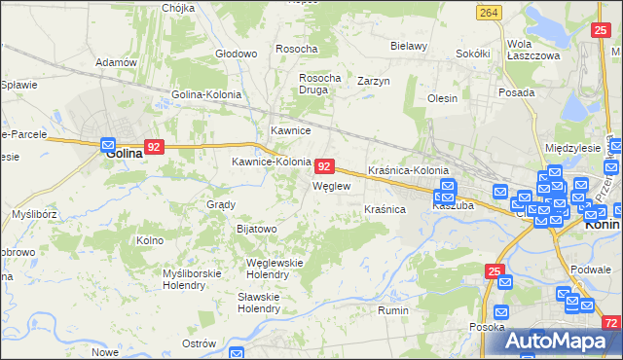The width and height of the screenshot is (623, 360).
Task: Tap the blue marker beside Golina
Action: [108, 145]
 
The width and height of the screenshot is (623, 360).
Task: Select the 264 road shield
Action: [490, 12]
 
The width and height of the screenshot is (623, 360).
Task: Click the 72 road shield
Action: [611, 323]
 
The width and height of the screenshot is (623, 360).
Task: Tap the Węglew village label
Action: [330, 185]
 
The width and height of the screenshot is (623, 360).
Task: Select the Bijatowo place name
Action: [257, 229]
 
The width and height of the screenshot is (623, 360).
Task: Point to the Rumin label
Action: [392, 310]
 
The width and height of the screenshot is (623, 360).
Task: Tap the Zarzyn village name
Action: [374, 81]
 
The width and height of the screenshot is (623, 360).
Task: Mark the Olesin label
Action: [442, 98]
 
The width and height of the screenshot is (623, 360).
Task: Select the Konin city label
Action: [603, 222]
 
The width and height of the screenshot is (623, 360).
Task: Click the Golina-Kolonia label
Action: [206, 94]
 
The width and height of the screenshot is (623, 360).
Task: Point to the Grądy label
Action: [221, 204]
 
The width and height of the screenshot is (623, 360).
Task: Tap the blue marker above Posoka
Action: [501, 312]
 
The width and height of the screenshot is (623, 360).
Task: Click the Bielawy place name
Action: [409, 46]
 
